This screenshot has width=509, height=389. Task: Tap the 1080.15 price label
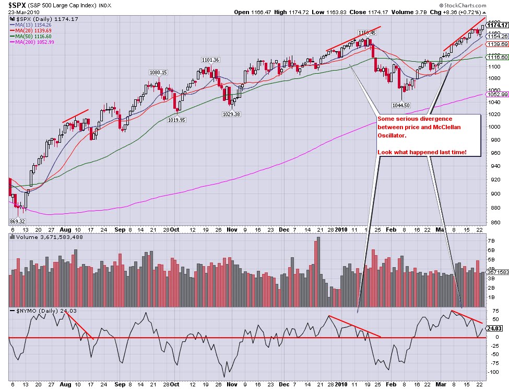(x=158, y=73)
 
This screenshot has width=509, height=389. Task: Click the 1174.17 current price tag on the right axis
(x=498, y=25)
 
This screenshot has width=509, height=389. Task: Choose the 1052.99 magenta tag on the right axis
(x=498, y=94)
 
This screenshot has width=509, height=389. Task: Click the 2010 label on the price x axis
(x=341, y=230)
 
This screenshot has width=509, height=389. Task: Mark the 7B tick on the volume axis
(x=491, y=241)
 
